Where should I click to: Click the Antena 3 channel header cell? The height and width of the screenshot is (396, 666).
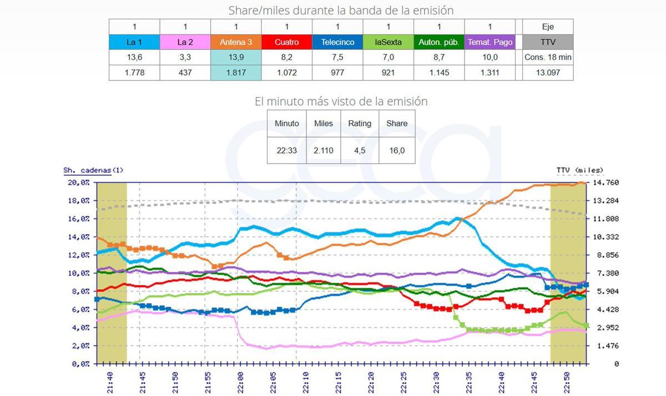pyautogui.click(x=236, y=42)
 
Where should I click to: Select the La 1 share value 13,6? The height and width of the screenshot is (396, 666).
pyautogui.click(x=134, y=57)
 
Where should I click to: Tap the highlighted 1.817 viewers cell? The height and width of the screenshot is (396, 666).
pyautogui.click(x=236, y=73)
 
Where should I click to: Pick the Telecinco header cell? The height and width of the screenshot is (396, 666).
pyautogui.click(x=337, y=42)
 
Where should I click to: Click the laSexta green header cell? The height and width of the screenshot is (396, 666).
pyautogui.click(x=389, y=42)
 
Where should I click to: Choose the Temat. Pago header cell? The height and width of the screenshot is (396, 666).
pyautogui.click(x=490, y=42)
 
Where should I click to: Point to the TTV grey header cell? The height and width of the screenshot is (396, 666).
pyautogui.click(x=547, y=42)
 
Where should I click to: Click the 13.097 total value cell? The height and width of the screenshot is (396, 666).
pyautogui.click(x=547, y=73)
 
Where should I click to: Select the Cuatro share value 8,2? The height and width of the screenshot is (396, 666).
pyautogui.click(x=286, y=57)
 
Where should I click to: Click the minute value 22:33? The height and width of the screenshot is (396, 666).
pyautogui.click(x=287, y=150)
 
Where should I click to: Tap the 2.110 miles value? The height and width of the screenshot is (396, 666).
pyautogui.click(x=324, y=150)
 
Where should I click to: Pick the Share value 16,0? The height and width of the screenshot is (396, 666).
pyautogui.click(x=397, y=150)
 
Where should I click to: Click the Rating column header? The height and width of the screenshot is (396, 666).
pyautogui.click(x=360, y=124)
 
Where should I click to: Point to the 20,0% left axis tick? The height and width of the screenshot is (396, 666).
pyautogui.click(x=78, y=182)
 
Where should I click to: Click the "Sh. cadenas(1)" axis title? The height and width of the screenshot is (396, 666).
pyautogui.click(x=93, y=170)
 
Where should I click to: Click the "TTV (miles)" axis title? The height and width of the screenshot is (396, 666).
pyautogui.click(x=580, y=170)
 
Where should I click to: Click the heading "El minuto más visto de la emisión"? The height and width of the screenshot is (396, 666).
pyautogui.click(x=341, y=101)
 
